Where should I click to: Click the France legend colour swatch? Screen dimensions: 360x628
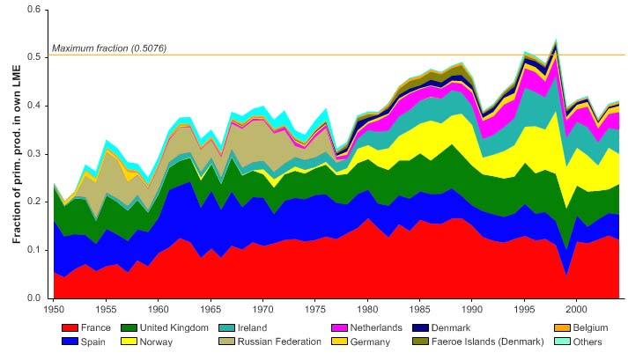[72, 327]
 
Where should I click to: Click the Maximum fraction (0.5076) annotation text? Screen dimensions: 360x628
[109, 48]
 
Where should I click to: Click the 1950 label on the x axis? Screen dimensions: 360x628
[53, 310]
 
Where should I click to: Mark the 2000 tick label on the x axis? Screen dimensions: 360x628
[576, 310]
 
